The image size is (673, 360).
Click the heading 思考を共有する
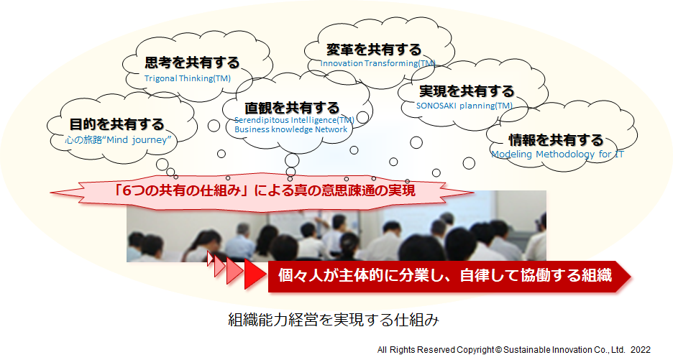click(x=192, y=63)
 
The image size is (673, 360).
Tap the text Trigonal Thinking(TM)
click(x=188, y=78)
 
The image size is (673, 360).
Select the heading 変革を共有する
click(x=374, y=50)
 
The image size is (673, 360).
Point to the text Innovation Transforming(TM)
click(x=377, y=63)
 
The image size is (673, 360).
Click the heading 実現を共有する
click(x=467, y=91)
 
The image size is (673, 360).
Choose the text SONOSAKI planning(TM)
click(x=464, y=106)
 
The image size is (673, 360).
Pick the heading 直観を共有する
click(x=292, y=107)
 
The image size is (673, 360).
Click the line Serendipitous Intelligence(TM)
click(x=295, y=120)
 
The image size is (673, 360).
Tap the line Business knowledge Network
click(x=291, y=129)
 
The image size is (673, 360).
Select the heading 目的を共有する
click(x=116, y=124)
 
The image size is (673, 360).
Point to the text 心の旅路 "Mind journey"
click(x=119, y=140)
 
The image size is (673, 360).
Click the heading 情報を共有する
click(x=556, y=139)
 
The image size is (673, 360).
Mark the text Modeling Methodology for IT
click(x=557, y=154)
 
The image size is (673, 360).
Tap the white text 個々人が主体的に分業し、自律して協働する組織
click(x=444, y=275)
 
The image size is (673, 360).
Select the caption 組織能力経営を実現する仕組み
click(x=334, y=320)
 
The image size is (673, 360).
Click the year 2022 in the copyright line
click(x=641, y=350)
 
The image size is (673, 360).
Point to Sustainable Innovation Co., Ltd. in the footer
click(x=564, y=350)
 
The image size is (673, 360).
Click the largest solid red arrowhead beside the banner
click(x=255, y=274)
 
